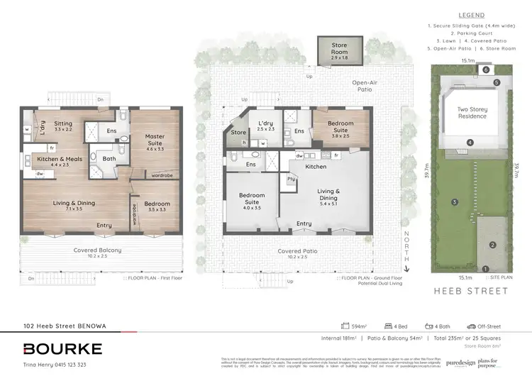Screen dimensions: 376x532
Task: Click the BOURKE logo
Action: (x=62, y=348)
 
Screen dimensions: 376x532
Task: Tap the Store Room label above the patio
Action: (x=340, y=50)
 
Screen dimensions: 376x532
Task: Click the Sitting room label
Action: (x=63, y=127)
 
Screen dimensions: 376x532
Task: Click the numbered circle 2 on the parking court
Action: (x=492, y=245)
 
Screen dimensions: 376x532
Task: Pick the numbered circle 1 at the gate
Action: (x=485, y=268)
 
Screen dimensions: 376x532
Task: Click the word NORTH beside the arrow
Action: (x=407, y=243)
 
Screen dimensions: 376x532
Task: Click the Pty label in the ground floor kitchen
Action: (x=290, y=180)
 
